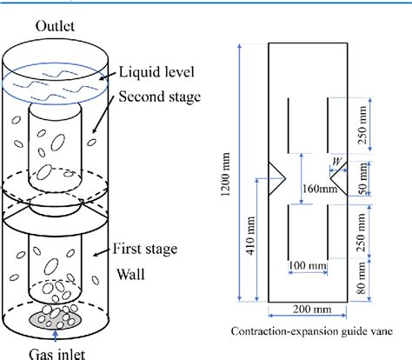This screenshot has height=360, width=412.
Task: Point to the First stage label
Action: click(x=149, y=250)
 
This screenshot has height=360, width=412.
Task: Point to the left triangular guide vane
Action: click(x=277, y=177)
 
